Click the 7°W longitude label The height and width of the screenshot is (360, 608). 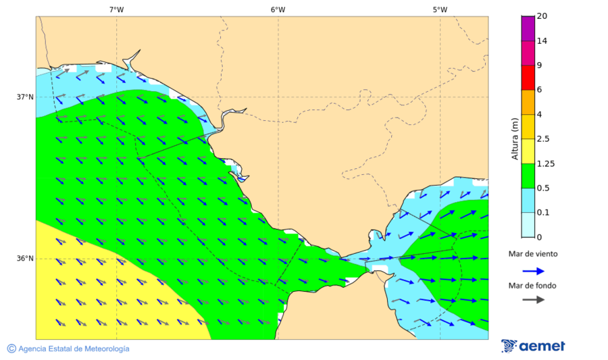(116, 9)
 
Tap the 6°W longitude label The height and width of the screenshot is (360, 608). (278, 9)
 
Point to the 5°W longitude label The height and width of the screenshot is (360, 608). (440, 9)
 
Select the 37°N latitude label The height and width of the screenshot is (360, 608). (25, 97)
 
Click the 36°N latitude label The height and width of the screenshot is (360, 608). (25, 259)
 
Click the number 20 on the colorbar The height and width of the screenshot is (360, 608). (541, 16)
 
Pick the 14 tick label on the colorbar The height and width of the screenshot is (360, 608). (541, 41)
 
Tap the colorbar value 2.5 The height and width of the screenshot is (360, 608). (542, 139)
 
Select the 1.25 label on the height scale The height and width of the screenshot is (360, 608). (544, 163)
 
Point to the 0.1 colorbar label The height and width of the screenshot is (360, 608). (542, 213)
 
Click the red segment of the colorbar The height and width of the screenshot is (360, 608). (527, 78)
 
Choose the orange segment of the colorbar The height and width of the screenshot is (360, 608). (527, 102)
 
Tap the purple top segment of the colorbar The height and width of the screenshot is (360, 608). (527, 28)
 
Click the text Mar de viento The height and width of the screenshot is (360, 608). (533, 254)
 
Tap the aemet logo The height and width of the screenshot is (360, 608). (534, 346)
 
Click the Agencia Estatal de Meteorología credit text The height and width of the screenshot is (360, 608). (73, 349)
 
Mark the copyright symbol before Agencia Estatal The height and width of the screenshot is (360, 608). (11, 349)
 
